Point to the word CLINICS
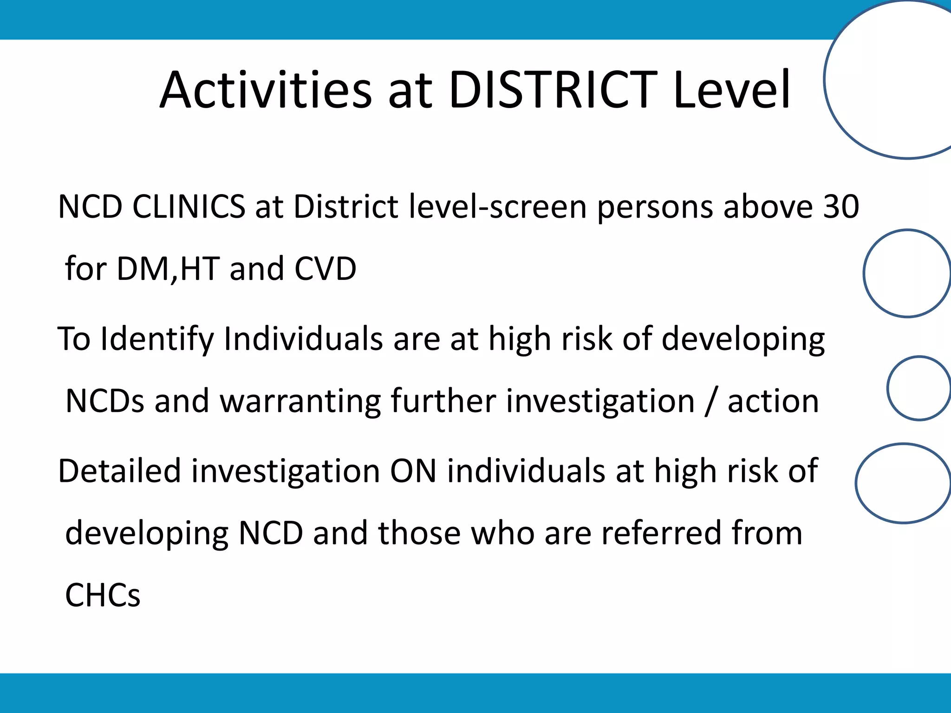click(x=189, y=207)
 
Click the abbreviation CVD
click(x=325, y=269)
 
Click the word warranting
click(x=300, y=401)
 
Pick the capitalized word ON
click(x=413, y=471)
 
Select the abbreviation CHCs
click(x=103, y=595)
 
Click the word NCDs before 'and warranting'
click(x=105, y=401)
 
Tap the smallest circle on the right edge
click(x=918, y=388)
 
